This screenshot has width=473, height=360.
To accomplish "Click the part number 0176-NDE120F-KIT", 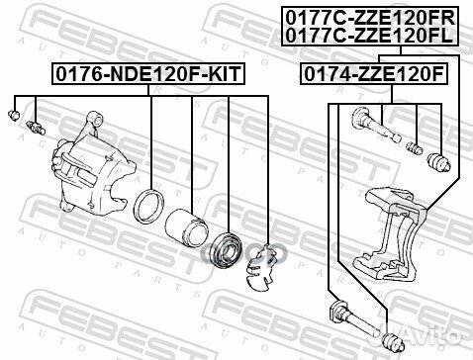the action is (147, 73).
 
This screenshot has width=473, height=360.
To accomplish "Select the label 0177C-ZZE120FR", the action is (370, 18).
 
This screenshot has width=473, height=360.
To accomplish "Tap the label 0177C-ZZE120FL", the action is (369, 36).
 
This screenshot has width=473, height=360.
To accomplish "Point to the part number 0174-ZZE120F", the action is (374, 74).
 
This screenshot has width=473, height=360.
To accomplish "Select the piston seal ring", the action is (149, 207).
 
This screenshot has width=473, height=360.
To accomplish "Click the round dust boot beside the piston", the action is (227, 249).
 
